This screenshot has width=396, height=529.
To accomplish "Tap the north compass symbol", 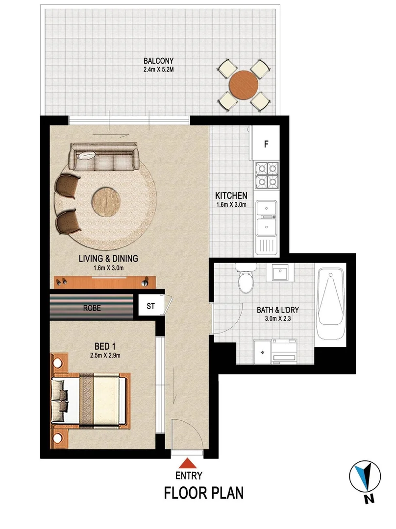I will (365, 478).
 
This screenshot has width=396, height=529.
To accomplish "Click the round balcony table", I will (244, 84).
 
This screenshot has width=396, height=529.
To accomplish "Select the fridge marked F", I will (266, 144).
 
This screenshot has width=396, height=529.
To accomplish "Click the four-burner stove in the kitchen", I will (265, 175).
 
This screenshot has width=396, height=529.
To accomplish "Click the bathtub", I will (331, 306).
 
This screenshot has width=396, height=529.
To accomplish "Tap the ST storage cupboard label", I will (150, 307).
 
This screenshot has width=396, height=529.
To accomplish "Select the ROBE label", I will (92, 309).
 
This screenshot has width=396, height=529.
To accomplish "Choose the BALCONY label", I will (158, 61).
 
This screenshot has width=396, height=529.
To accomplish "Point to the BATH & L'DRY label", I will (278, 310).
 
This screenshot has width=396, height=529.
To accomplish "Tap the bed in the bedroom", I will (91, 396).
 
